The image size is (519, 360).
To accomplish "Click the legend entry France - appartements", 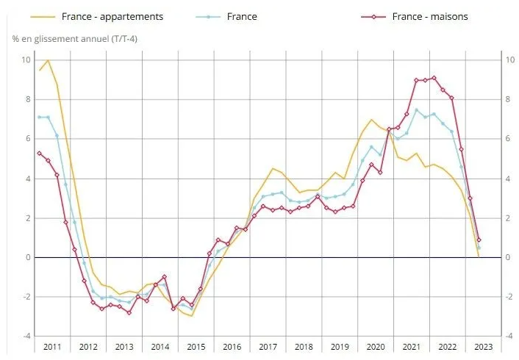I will pyautogui.click(x=112, y=16).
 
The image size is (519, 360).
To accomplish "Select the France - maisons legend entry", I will pyautogui.click(x=430, y=16).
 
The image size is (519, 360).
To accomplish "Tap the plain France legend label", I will pyautogui.click(x=242, y=16).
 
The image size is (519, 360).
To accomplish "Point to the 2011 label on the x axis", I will pyautogui.click(x=52, y=346).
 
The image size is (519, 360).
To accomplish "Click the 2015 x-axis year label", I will pyautogui.click(x=196, y=346).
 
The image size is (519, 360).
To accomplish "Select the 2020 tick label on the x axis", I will pyautogui.click(x=375, y=346).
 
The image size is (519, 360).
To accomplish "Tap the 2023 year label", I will pyautogui.click(x=483, y=346).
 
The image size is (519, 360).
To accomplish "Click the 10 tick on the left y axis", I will pyautogui.click(x=26, y=60).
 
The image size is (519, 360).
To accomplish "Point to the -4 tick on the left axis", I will pyautogui.click(x=26, y=336).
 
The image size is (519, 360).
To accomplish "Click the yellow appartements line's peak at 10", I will pyautogui.click(x=49, y=60).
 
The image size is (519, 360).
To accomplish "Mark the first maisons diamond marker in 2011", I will pyautogui.click(x=40, y=153).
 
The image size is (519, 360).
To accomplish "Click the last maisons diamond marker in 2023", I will pyautogui.click(x=479, y=240).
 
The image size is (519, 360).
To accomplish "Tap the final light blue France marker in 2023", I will pyautogui.click(x=479, y=248).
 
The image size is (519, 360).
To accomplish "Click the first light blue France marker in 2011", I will pyautogui.click(x=40, y=117).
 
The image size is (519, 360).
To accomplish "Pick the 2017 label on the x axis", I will pyautogui.click(x=268, y=346).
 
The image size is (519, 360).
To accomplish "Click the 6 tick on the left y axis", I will pyautogui.click(x=27, y=139).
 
